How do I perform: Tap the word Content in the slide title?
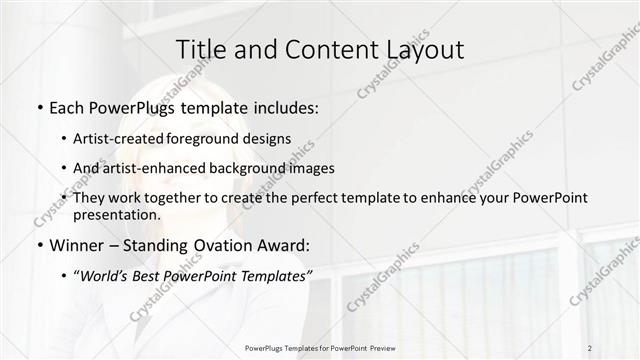[x=320, y=49]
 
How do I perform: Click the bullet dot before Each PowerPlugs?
[x=39, y=107]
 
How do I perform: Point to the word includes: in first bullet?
[x=287, y=107]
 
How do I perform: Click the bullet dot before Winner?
[x=39, y=244]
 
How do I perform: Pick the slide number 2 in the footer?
[x=591, y=348]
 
